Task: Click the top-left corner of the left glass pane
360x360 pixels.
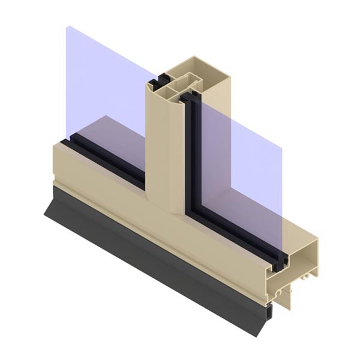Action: pyautogui.click(x=68, y=27)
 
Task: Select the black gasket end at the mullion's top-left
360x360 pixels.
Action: pyautogui.click(x=160, y=78)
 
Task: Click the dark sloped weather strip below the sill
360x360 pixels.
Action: pyautogui.click(x=150, y=252)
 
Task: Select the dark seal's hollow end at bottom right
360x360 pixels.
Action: pyautogui.click(x=269, y=311)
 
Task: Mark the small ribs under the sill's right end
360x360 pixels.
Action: pyautogui.click(x=306, y=275)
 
